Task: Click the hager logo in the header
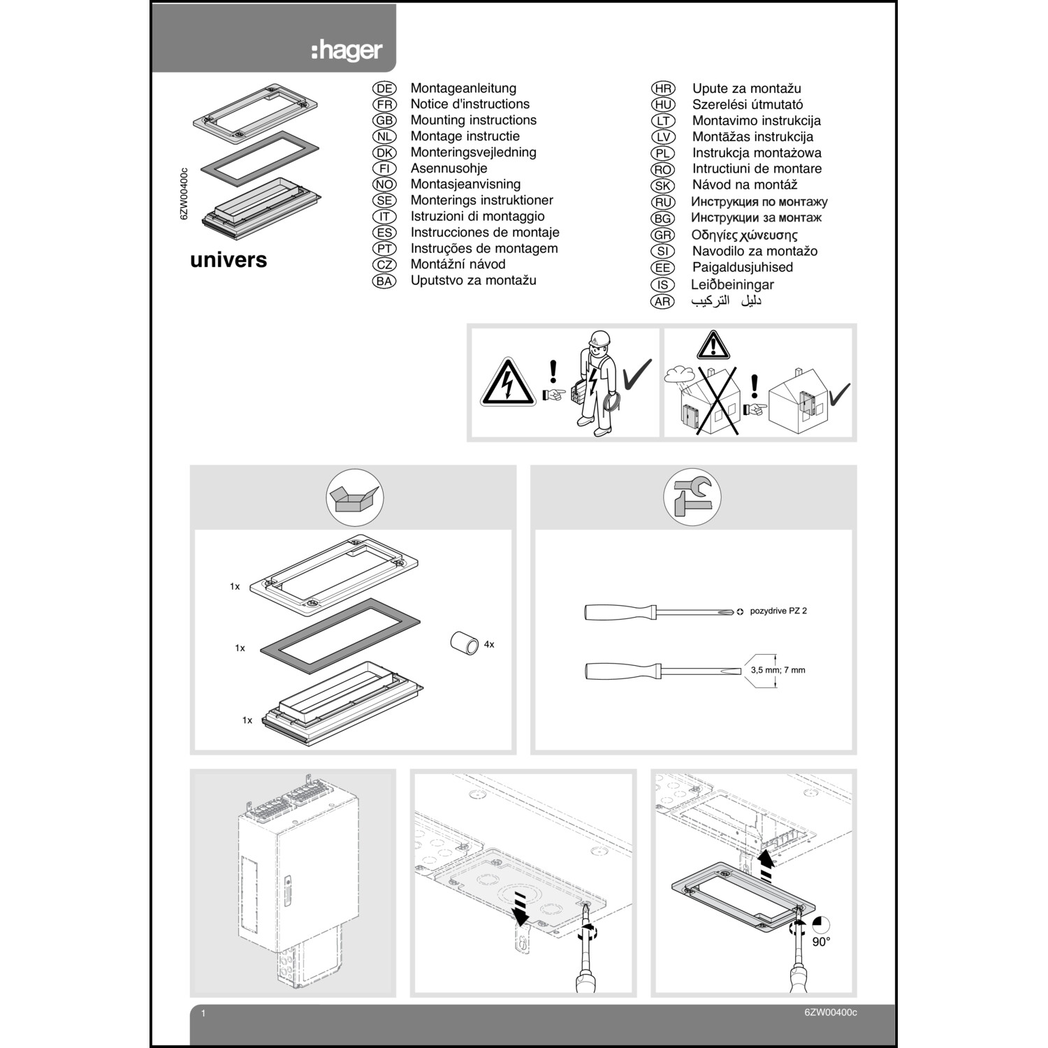pyautogui.click(x=347, y=50)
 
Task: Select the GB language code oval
pyautogui.click(x=384, y=120)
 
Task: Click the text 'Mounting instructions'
pyautogui.click(x=473, y=120)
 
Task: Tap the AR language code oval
pyautogui.click(x=662, y=302)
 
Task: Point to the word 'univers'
pyautogui.click(x=228, y=260)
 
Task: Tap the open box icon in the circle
pyautogui.click(x=355, y=497)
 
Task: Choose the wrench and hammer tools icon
pyautogui.click(x=692, y=497)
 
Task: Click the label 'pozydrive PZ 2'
pyautogui.click(x=778, y=611)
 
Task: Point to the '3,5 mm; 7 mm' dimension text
pyautogui.click(x=778, y=670)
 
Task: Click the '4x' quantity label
pyautogui.click(x=489, y=644)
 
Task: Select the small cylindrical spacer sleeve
pyautogui.click(x=463, y=643)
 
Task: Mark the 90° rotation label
pyautogui.click(x=821, y=942)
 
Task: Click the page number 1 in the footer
pyautogui.click(x=203, y=1013)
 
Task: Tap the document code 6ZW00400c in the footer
pyautogui.click(x=830, y=1013)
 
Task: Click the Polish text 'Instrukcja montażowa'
pyautogui.click(x=757, y=153)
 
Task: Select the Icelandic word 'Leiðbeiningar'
pyautogui.click(x=732, y=284)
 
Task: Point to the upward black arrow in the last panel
pyautogui.click(x=766, y=866)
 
